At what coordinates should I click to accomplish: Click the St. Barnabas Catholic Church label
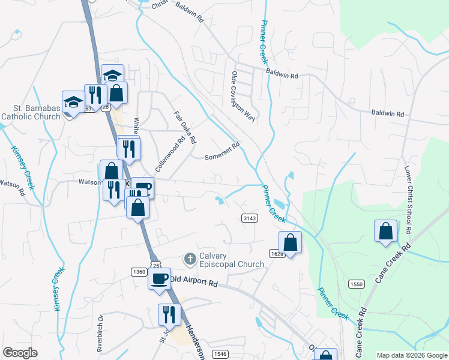[x=31, y=112]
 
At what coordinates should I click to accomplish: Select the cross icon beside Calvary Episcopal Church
[x=190, y=259]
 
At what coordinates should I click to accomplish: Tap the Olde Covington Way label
[x=243, y=97]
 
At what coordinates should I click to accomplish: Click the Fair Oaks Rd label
[x=185, y=127]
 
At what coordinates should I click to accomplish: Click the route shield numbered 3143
[x=250, y=218]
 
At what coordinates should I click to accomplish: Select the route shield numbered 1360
[x=139, y=272]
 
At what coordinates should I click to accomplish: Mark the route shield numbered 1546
[x=220, y=354]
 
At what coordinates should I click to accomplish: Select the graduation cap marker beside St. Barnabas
[x=73, y=102]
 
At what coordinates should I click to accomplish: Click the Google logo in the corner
[x=20, y=352]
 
